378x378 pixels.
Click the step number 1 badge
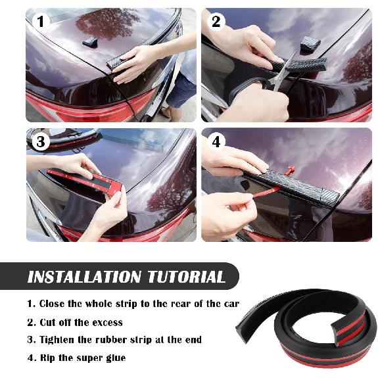point(41,22)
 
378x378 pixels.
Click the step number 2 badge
point(216,22)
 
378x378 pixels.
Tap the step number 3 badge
point(41,142)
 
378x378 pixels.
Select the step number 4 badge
point(216,142)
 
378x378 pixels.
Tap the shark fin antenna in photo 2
point(310,44)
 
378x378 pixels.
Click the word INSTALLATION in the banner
point(84,277)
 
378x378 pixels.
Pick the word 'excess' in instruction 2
point(106,322)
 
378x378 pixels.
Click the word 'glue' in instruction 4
point(114,358)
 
